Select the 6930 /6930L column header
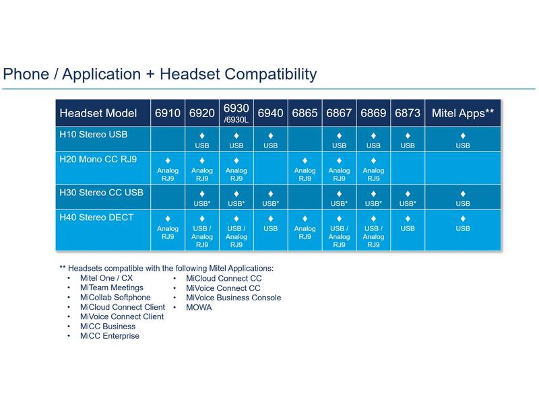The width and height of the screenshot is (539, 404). (236, 113)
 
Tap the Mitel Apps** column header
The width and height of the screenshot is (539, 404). (462, 113)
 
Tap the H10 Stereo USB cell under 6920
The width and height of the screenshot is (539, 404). (203, 140)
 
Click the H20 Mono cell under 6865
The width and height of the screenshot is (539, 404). (306, 168)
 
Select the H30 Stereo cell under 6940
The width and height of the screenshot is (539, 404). (271, 198)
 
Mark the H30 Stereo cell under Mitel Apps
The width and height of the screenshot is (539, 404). (462, 198)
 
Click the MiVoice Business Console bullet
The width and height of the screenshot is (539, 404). (232, 298)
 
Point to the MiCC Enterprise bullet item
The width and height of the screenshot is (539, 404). (109, 336)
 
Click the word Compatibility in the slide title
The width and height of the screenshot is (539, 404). (259, 74)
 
